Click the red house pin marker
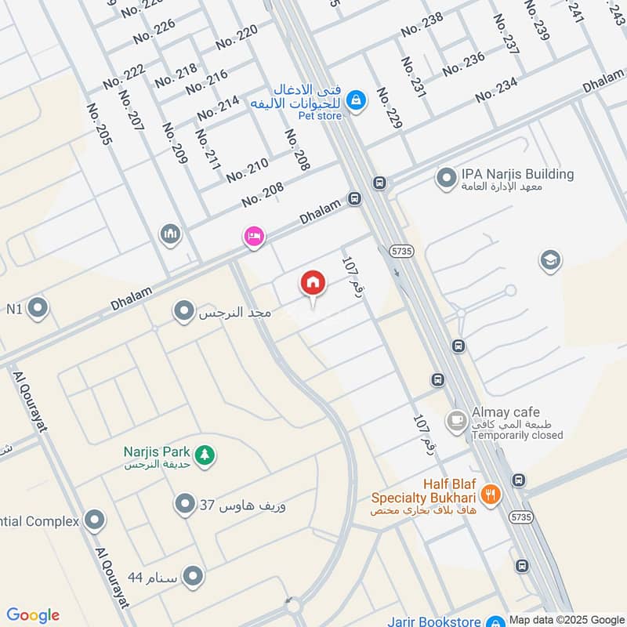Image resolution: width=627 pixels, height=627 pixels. tap(313, 284)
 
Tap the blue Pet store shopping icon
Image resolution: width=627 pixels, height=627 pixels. tap(356, 100)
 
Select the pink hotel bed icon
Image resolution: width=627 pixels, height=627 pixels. tap(253, 236)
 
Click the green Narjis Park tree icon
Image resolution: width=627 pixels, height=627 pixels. tap(205, 453)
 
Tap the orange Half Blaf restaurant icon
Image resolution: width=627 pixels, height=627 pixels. tap(491, 493)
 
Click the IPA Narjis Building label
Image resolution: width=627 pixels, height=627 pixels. tap(517, 174)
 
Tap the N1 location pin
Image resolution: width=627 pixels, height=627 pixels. tap(38, 309)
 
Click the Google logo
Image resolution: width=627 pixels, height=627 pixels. tap(33, 615)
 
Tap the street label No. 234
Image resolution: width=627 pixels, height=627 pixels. tap(496, 90)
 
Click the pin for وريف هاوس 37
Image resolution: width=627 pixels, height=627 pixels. tap(184, 504)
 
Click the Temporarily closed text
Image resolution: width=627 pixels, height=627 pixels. tap(517, 435)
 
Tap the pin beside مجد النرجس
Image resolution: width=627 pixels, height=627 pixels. tap(184, 312)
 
